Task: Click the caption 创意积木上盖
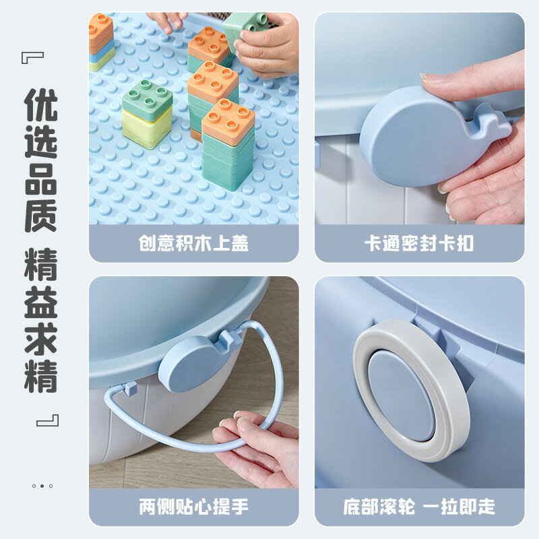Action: tap(193, 243)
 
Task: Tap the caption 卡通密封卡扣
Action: tap(419, 243)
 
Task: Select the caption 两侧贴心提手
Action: tap(193, 507)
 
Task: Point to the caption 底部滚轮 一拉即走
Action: tap(419, 507)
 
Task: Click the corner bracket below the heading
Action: tap(47, 420)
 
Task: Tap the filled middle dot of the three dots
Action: tap(41, 486)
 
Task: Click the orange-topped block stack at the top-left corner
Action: tap(101, 40)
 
